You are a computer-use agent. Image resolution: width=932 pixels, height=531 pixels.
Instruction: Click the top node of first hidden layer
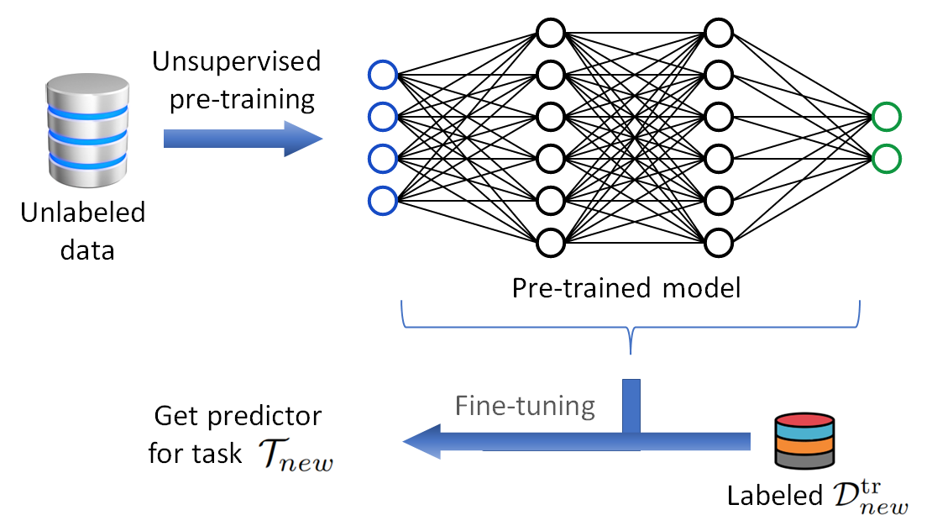pos(550,34)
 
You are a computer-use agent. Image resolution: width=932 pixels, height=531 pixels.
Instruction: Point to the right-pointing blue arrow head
pos(304,138)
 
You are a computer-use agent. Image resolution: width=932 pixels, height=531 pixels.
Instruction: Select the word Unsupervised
pos(236,61)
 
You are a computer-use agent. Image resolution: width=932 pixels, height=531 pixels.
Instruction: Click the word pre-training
pos(242,99)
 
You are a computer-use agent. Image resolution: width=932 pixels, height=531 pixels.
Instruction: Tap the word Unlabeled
pos(82,212)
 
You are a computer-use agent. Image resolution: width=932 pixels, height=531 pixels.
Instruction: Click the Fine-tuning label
pos(525,406)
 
